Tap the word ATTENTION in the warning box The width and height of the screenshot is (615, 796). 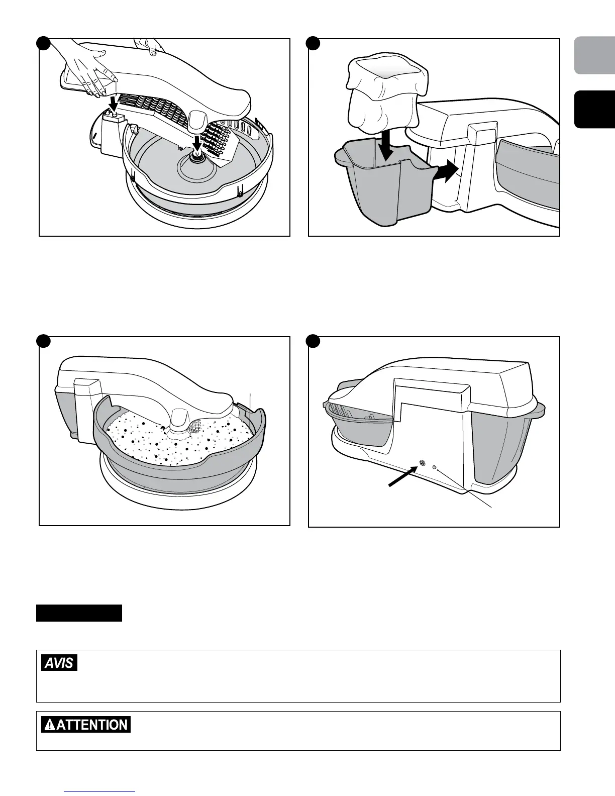(92, 725)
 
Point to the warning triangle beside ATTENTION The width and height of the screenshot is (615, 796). (50, 725)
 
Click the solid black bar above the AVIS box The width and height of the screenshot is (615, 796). (79, 613)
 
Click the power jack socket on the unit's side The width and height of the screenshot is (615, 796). (422, 464)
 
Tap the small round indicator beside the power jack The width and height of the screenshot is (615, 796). (435, 467)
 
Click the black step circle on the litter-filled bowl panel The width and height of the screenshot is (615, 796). (44, 341)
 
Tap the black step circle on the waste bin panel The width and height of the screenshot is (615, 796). (314, 43)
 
